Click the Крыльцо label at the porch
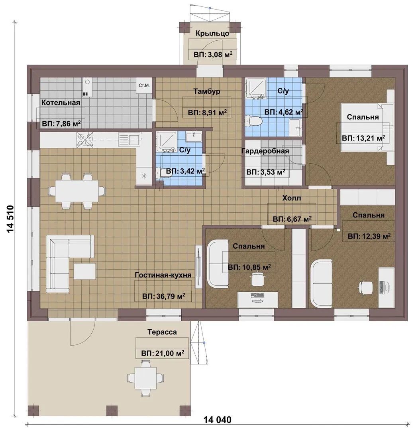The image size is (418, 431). pos(212,34)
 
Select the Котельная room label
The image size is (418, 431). pos(61,103)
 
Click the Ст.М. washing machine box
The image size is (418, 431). pos(144,85)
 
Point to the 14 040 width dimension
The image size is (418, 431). pos(218,420)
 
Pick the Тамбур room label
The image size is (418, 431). pos(207,91)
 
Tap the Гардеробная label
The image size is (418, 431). pos(265,151)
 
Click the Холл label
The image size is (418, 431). pos(292,198)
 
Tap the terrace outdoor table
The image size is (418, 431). pos(145,378)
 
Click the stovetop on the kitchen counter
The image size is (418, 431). pos(84,140)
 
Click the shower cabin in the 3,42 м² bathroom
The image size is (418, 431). pos(166,142)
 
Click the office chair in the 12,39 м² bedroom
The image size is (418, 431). pos(366,287)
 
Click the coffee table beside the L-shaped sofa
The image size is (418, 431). pos(85,271)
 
